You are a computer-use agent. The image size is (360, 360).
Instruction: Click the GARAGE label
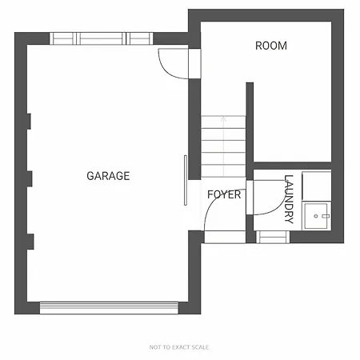(x=108, y=176)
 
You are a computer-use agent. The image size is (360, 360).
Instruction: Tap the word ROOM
(x=271, y=46)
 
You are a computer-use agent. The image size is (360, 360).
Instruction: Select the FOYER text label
(x=224, y=194)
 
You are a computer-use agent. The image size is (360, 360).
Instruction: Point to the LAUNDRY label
(x=289, y=199)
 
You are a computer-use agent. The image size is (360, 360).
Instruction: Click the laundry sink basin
(x=316, y=216)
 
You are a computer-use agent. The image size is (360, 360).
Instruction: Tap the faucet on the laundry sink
(x=326, y=216)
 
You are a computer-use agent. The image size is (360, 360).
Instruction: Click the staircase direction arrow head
(x=223, y=118)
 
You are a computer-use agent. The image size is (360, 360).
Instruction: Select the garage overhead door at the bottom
(x=109, y=308)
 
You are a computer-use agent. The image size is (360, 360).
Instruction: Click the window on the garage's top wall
(x=102, y=38)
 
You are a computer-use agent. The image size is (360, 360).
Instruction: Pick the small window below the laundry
(x=273, y=237)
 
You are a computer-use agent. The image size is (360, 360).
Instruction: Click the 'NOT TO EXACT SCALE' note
(x=179, y=347)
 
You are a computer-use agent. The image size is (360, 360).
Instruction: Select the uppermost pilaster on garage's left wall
(x=29, y=122)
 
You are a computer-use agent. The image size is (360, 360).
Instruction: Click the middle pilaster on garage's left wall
(x=30, y=178)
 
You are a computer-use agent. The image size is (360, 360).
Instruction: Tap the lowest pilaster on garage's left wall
(x=30, y=242)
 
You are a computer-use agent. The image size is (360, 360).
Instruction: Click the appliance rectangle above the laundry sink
(x=317, y=186)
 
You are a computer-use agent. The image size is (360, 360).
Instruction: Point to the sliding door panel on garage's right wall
(x=186, y=180)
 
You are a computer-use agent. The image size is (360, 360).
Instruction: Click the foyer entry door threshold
(x=225, y=237)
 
